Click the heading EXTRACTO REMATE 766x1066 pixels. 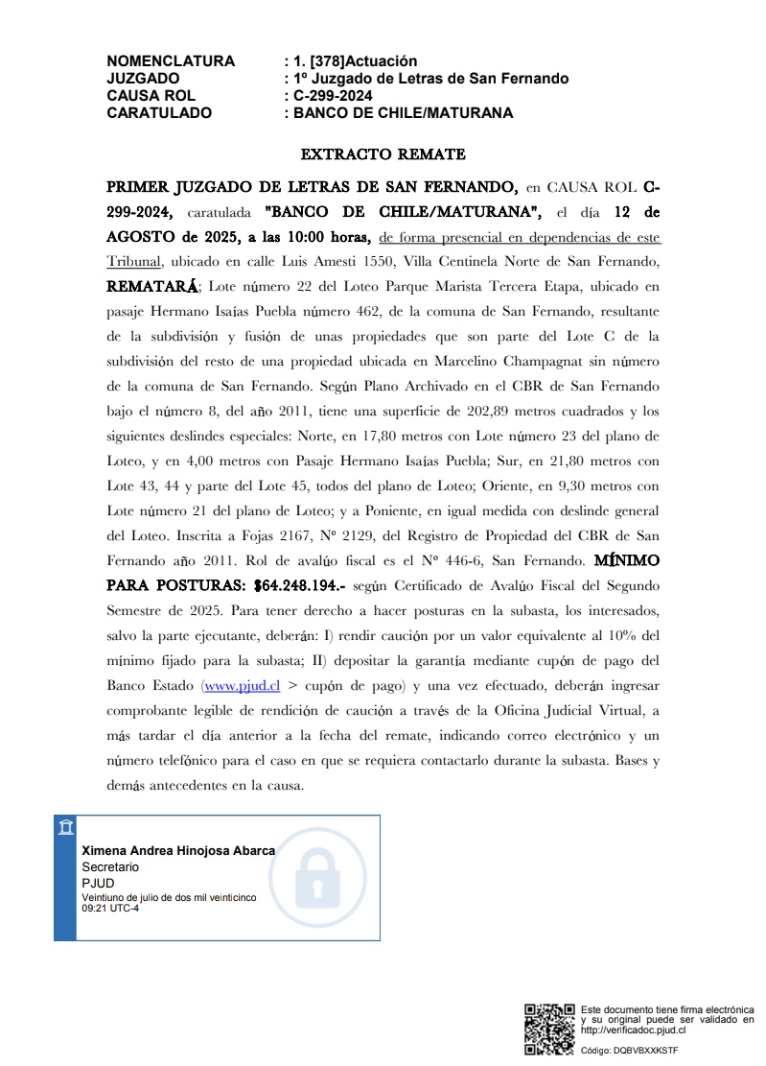coord(383,154)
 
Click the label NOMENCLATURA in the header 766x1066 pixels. coord(171,61)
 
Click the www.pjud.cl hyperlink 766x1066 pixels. coord(242,685)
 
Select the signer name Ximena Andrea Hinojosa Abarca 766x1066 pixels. coord(178,850)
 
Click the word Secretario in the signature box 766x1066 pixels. coord(110,866)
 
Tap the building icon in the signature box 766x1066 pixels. coord(64,828)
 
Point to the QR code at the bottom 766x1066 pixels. coord(549,1029)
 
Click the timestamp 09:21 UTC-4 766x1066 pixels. coord(110,908)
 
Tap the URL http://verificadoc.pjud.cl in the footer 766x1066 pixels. coord(634,1030)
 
